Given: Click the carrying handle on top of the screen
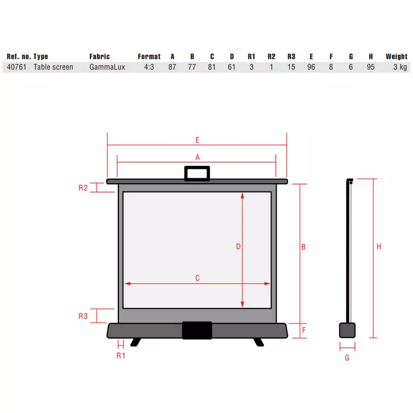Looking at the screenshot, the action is [197, 167].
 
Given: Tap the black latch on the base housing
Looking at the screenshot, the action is [197, 330].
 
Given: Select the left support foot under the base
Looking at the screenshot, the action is [136, 342].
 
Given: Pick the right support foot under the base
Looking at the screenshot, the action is [259, 342].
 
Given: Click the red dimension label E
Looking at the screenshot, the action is [198, 140].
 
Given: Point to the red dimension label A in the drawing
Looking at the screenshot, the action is [198, 157].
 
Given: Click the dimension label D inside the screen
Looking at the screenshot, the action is [238, 247].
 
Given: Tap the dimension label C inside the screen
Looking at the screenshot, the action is [198, 278].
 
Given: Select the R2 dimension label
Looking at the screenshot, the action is [83, 188].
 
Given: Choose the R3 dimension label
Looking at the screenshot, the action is [83, 316].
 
